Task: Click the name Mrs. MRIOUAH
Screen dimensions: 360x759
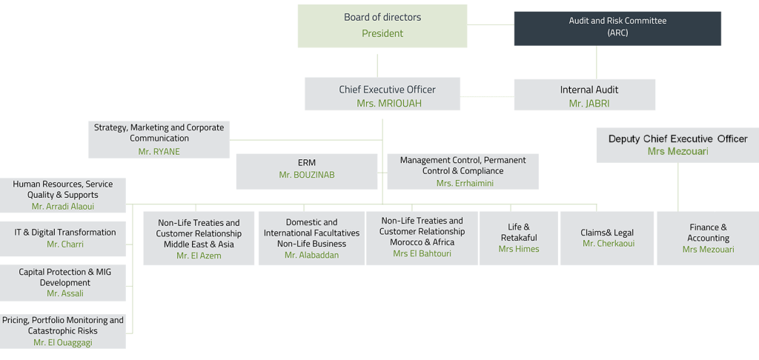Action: [x=388, y=104]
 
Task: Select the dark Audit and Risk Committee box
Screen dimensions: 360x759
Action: [x=617, y=27]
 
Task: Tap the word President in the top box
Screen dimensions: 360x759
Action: [x=382, y=33]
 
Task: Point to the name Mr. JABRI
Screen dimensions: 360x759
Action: [x=589, y=104]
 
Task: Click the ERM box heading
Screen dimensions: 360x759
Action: [x=306, y=162]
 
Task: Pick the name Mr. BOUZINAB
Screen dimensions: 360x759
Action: [x=306, y=175]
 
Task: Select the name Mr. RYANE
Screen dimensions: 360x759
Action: [x=159, y=151]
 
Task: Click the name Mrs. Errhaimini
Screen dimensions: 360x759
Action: [x=465, y=183]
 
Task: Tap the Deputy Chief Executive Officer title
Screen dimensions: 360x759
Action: [x=677, y=139]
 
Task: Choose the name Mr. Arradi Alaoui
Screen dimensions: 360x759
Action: [x=63, y=207]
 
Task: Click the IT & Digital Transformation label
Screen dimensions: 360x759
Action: [x=65, y=232]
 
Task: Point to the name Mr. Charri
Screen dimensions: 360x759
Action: [x=65, y=244]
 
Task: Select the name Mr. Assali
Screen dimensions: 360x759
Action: [x=65, y=293]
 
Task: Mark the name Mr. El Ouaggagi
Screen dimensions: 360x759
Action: [x=63, y=342]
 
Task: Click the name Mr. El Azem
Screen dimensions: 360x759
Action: [x=199, y=256]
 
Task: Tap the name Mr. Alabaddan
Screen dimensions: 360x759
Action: [x=312, y=255]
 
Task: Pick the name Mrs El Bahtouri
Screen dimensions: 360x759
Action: [x=422, y=253]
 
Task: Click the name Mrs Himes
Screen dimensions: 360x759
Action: [x=519, y=249]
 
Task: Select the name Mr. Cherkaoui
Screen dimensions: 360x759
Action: [x=608, y=244]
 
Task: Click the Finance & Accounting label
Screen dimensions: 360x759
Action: [x=708, y=233]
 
